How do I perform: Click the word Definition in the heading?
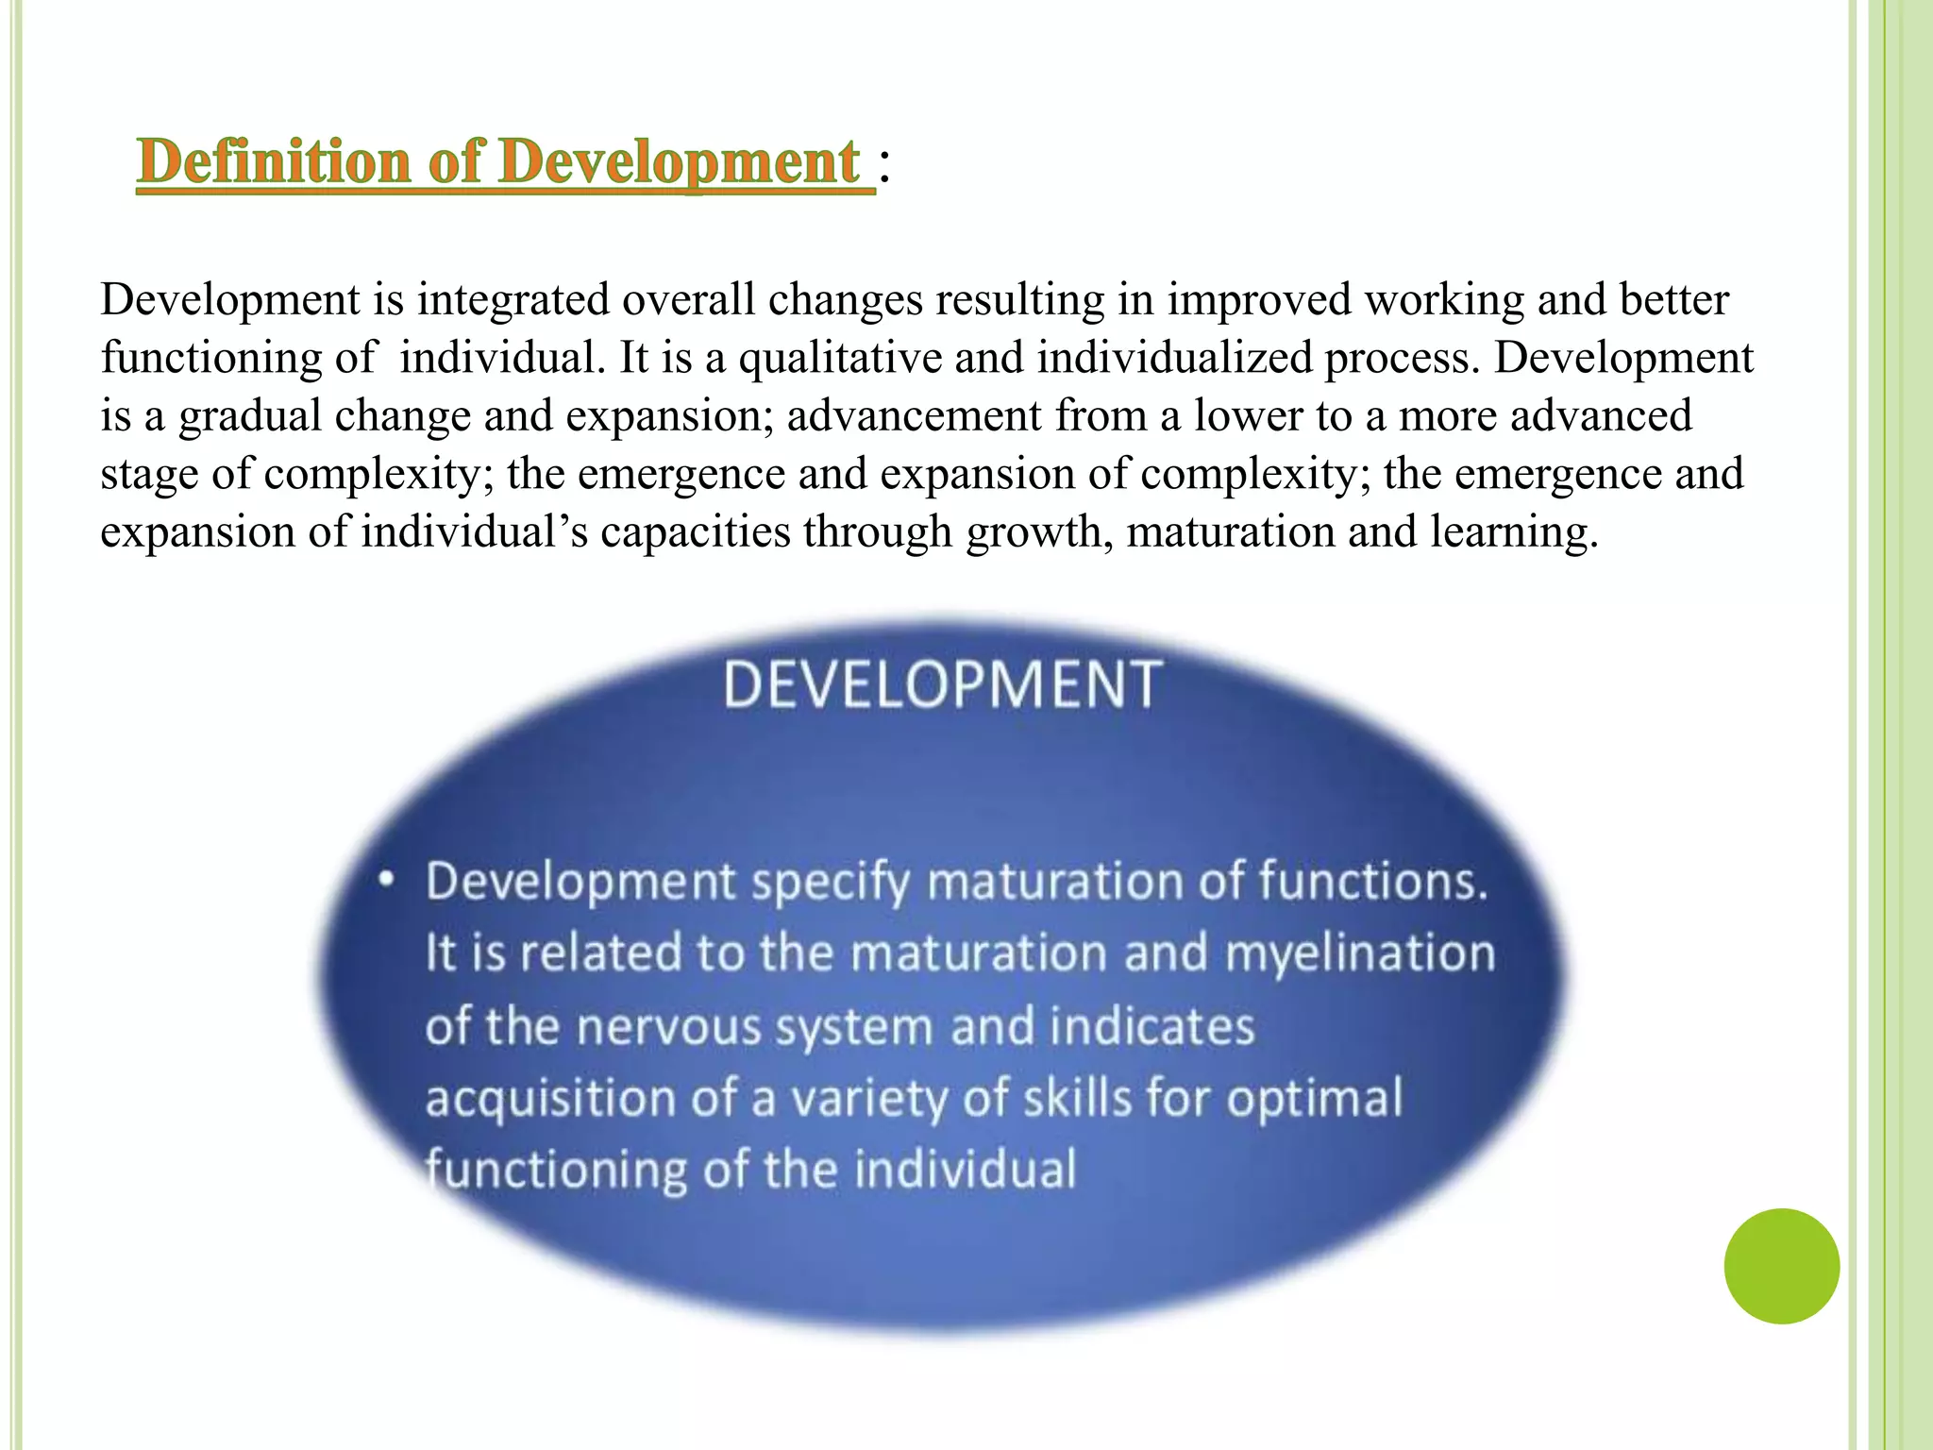271,162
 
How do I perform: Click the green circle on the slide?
1781,1266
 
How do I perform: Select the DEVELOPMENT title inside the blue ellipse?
942,684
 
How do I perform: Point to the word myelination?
1360,953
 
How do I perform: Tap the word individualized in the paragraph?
1174,358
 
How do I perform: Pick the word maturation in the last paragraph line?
1229,532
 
